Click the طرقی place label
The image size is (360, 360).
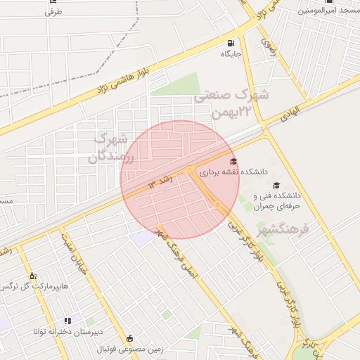pos(53,13)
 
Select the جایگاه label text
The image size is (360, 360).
pos(232,54)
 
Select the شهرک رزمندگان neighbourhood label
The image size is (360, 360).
pos(111,147)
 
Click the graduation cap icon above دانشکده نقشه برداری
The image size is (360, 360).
pos(233,161)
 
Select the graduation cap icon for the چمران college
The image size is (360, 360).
pos(276,185)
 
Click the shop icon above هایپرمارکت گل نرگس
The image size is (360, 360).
pos(32,275)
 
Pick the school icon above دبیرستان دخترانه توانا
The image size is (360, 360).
pos(67,321)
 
